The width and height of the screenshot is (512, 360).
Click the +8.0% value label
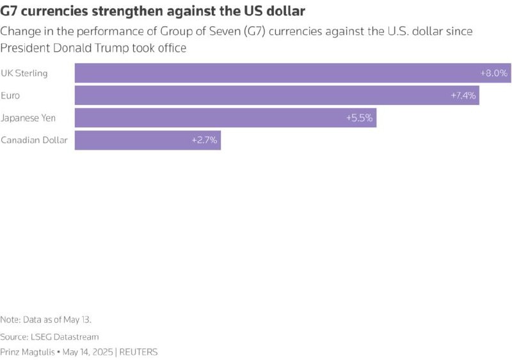coord(493,73)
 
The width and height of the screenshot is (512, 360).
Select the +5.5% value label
coord(360,118)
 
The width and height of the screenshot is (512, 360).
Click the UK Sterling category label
coord(24,73)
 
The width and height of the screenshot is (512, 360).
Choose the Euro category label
coord(10,95)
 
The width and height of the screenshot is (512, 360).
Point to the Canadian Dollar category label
coord(34,140)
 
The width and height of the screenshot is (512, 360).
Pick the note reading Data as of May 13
coord(41,319)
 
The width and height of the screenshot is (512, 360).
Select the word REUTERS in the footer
coord(138,352)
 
